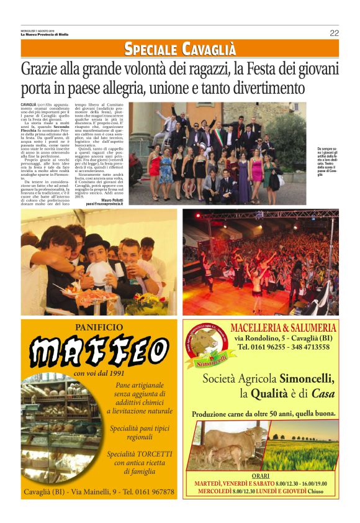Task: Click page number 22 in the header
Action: pyautogui.click(x=334, y=34)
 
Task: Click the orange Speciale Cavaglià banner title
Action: pyautogui.click(x=180, y=48)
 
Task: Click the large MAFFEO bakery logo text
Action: pyautogui.click(x=99, y=352)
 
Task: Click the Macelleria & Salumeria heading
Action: pyautogui.click(x=283, y=328)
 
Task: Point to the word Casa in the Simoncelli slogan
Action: pyautogui.click(x=323, y=393)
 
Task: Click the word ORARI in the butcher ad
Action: pyautogui.click(x=261, y=476)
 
